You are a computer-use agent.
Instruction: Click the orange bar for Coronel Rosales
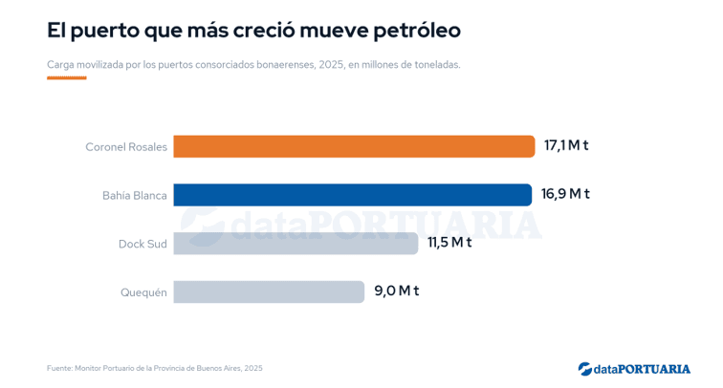(354, 146)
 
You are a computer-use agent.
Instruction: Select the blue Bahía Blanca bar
(352, 195)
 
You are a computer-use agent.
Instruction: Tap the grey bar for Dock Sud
(296, 244)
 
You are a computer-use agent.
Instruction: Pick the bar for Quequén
(269, 291)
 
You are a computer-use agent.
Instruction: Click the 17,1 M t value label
(566, 145)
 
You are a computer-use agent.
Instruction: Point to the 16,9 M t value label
(565, 194)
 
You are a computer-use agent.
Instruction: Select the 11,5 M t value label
(449, 243)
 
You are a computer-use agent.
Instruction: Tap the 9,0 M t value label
(397, 291)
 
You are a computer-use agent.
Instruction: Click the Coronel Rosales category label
(126, 147)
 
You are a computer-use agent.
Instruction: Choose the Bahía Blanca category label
(135, 195)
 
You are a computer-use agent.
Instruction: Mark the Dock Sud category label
(142, 244)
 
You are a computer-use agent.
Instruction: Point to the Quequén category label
(143, 292)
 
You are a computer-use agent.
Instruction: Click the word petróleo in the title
(417, 32)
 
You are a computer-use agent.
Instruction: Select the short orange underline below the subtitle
(67, 77)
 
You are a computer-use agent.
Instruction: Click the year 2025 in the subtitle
(331, 65)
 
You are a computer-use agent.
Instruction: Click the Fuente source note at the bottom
(155, 368)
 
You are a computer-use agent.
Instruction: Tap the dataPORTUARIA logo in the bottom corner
(634, 369)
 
